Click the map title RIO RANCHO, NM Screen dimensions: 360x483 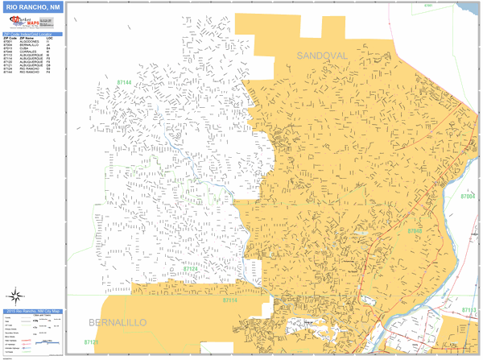(31, 9)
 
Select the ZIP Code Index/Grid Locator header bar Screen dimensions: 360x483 (31, 34)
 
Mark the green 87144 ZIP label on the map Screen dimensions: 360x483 (124, 82)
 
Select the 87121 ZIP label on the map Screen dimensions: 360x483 (91, 342)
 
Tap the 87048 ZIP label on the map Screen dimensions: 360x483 (414, 231)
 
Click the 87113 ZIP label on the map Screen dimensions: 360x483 (469, 309)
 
